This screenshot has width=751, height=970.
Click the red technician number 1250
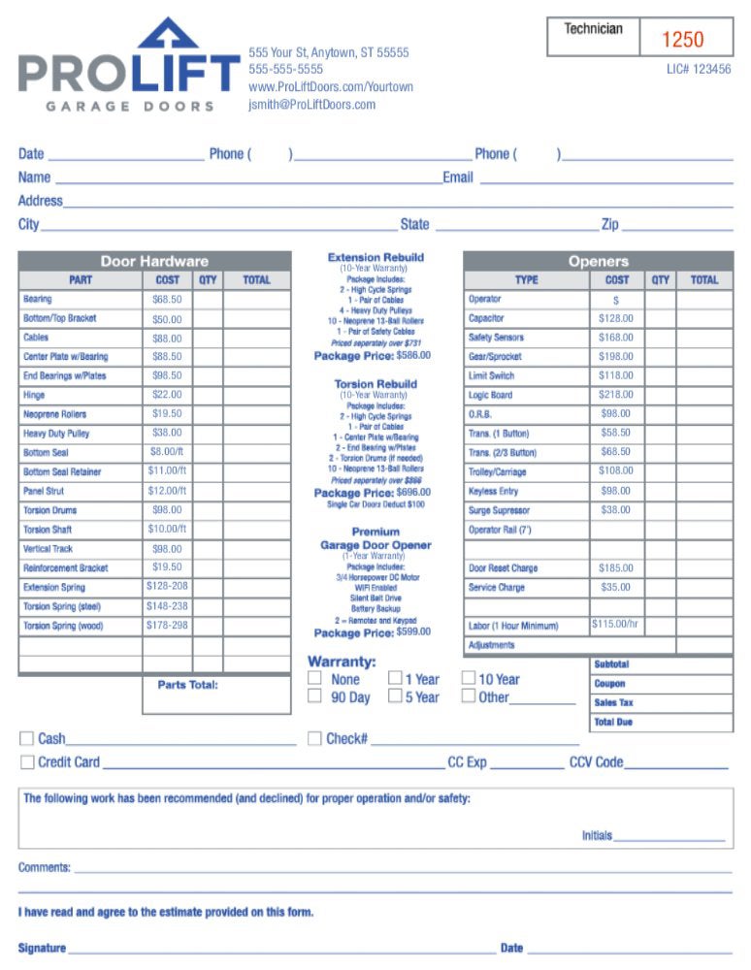pos(683,39)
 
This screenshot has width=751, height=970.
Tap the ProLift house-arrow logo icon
pos(168,34)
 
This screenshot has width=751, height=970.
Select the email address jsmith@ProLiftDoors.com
pos(311,105)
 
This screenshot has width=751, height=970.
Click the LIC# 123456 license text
pos(699,70)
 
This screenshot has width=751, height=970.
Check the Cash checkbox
pos(26,739)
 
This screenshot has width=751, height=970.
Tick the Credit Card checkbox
pos(26,762)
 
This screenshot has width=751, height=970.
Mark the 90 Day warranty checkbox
pos(314,696)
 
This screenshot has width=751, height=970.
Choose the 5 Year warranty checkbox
pos(395,696)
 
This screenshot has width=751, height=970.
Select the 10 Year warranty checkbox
pos(469,679)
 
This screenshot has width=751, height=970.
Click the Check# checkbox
pos(314,739)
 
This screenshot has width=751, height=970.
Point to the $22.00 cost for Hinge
pos(167,395)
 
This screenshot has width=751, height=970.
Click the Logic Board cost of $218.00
pos(616,395)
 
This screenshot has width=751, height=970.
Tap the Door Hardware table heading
pos(154,261)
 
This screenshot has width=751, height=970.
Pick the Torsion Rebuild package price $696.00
pos(414,493)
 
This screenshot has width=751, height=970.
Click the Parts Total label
pos(188,685)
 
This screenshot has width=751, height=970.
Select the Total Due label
pos(613,723)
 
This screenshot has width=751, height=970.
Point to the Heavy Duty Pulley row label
pos(56,434)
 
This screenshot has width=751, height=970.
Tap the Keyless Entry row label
pos(494,491)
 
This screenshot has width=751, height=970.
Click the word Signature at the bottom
pos(42,948)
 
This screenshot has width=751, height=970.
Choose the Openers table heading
pos(598,261)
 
